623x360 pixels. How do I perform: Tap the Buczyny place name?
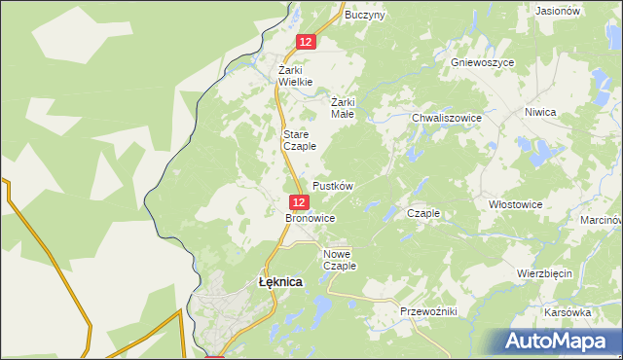[x=365, y=15]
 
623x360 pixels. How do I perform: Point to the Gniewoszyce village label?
[x=482, y=61]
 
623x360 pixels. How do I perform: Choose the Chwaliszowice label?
[x=447, y=118]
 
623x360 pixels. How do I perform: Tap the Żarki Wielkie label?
[x=295, y=76]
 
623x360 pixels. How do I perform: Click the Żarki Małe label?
[x=343, y=107]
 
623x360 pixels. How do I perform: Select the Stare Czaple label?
[x=299, y=140]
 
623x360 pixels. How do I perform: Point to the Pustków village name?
[x=332, y=185]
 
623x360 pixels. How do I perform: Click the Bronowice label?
[x=310, y=219]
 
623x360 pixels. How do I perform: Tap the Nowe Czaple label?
[x=340, y=259]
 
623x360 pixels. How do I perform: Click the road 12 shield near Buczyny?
[x=306, y=42]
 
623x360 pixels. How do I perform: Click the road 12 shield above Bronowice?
[x=299, y=201]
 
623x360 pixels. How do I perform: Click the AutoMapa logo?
[x=558, y=341]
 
